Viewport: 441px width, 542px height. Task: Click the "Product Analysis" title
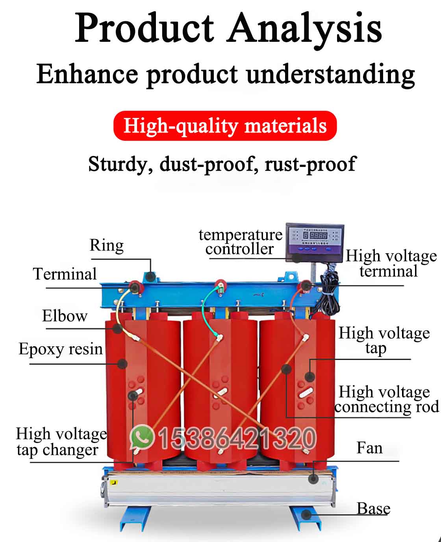point(228,28)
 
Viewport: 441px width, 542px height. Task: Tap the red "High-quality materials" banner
point(225,126)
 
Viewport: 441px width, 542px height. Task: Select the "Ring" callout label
point(107,245)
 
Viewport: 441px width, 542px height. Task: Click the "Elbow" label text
point(65,316)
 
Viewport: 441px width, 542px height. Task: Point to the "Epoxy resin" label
point(61,349)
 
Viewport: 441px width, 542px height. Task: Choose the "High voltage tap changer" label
point(61,442)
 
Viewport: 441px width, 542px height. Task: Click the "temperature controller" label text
point(240,242)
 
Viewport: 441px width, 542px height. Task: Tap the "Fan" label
point(369,448)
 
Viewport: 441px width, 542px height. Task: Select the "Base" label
point(373,508)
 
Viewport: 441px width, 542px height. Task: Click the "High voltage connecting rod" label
point(386,400)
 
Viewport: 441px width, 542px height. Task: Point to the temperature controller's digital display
point(317,235)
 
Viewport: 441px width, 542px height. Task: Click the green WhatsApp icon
point(142,437)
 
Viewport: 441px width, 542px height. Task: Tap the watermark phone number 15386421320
point(237,438)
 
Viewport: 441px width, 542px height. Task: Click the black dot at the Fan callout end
point(313,478)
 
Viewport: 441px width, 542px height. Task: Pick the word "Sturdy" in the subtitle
point(118,164)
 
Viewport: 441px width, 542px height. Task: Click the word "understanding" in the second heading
point(331,74)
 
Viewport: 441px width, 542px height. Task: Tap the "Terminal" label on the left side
point(65,274)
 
